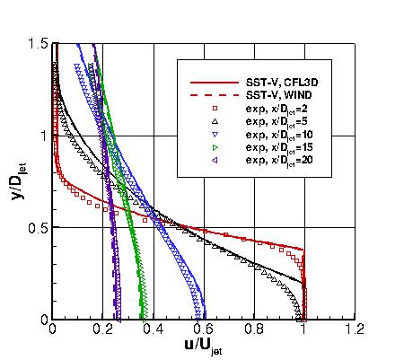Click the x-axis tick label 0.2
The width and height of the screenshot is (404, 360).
coord(102,329)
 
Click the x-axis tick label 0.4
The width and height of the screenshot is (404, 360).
coord(153,329)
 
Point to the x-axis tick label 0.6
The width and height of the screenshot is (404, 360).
coord(203,329)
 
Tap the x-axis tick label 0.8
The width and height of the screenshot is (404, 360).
coord(254,329)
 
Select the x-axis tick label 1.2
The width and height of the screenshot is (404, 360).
coord(355,329)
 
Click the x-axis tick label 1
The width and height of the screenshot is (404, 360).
coord(304,329)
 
